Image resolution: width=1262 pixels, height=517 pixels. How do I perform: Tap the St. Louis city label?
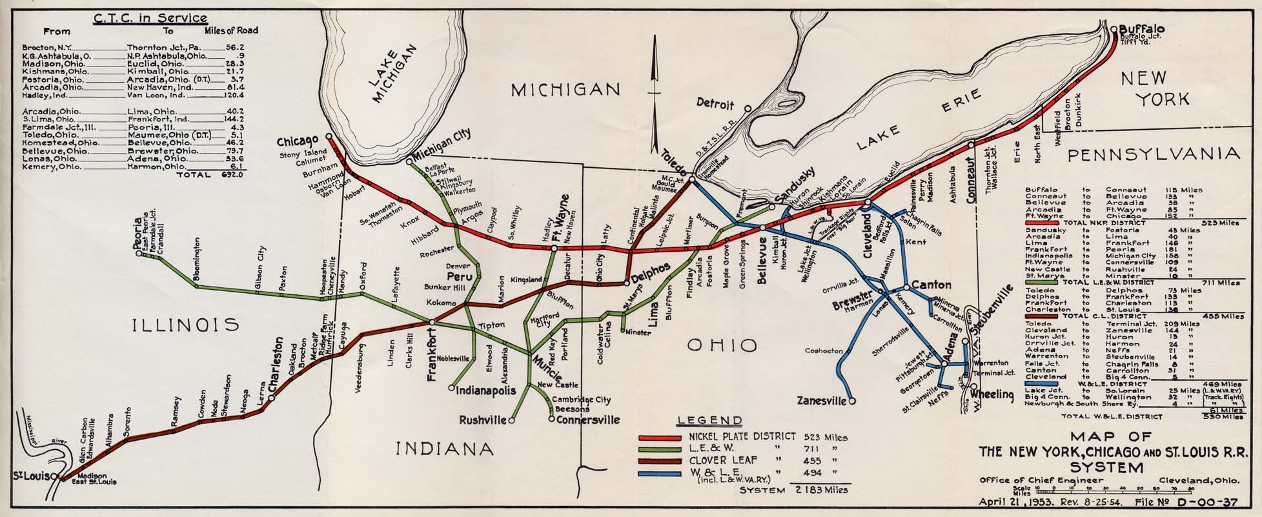click(28, 476)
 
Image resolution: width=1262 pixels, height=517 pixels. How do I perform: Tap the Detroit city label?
click(715, 104)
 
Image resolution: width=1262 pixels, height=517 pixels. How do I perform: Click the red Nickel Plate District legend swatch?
click(659, 437)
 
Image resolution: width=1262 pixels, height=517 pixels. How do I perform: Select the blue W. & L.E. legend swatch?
click(659, 474)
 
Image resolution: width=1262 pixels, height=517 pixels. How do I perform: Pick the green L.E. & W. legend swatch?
click(659, 449)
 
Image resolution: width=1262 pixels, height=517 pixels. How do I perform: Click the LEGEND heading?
click(709, 421)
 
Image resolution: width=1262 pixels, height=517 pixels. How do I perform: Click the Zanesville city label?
click(821, 401)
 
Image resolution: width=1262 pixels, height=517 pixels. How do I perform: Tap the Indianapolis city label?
click(487, 390)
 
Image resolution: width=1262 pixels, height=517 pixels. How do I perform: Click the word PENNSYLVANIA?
click(1152, 154)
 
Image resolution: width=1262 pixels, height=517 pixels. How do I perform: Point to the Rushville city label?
click(482, 420)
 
